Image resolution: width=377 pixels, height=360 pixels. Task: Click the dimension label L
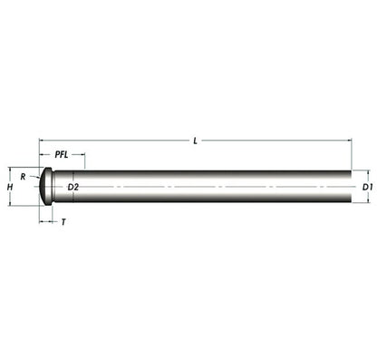pyautogui.click(x=195, y=141)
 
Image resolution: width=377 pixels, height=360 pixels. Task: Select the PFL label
pyautogui.click(x=62, y=155)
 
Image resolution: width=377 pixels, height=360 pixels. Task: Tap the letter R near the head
pyautogui.click(x=23, y=177)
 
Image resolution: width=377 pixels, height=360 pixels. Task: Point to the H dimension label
pyautogui.click(x=10, y=187)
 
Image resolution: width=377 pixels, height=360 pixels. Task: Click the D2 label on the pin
pyautogui.click(x=72, y=187)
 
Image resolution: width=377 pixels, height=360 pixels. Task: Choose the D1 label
pyautogui.click(x=367, y=187)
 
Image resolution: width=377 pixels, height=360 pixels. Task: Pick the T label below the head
pyautogui.click(x=63, y=222)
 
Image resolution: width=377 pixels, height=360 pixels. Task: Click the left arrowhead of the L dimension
pyautogui.click(x=42, y=141)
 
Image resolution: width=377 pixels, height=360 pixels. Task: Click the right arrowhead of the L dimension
pyautogui.click(x=350, y=141)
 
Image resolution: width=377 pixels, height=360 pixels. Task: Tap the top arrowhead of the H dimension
pyautogui.click(x=10, y=170)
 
